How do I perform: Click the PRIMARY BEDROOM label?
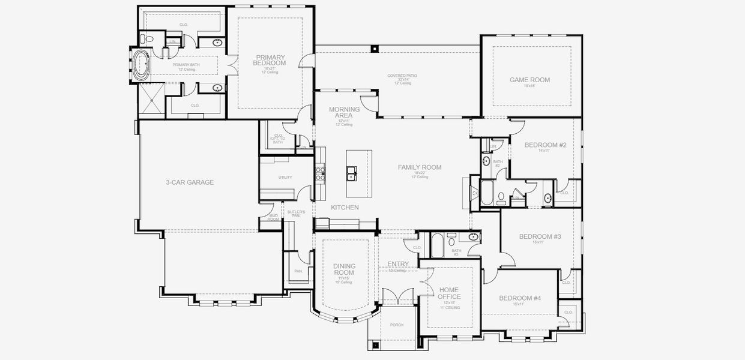270,60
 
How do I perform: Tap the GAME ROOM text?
529,80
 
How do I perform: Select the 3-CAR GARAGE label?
190,182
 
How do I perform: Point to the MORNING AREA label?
345,112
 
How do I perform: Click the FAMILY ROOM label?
420,167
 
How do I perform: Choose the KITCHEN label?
345,208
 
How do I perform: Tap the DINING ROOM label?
345,269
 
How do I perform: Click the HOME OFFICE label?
449,293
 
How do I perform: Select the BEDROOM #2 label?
545,145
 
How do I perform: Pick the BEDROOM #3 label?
539,237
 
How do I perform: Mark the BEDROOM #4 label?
520,298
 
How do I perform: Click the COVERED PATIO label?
402,76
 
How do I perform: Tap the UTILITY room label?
285,178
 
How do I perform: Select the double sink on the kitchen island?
352,175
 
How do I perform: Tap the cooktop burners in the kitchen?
321,174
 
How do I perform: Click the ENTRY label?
398,264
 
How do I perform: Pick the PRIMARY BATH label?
186,65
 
